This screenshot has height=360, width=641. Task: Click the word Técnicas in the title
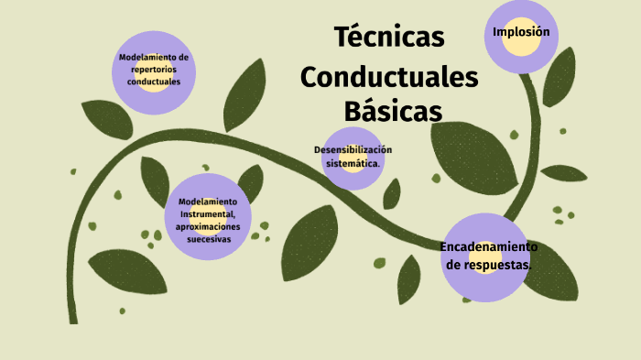coord(389,38)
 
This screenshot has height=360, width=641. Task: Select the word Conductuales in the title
coord(389,77)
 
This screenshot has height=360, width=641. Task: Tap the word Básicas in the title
coord(393,112)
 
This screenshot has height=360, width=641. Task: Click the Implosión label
coord(521,32)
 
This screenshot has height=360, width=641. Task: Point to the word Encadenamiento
coord(488,247)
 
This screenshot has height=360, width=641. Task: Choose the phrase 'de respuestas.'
coord(488,265)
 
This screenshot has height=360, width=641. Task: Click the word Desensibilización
coord(353,149)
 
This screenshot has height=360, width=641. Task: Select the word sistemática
coord(353,162)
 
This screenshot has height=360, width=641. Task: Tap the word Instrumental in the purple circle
coord(208,213)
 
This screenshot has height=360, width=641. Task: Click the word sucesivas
coord(208,238)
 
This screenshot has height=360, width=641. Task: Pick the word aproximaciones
coord(208,225)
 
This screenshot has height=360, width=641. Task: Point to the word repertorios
coord(154,69)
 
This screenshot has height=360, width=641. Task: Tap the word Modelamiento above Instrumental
coord(208,202)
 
